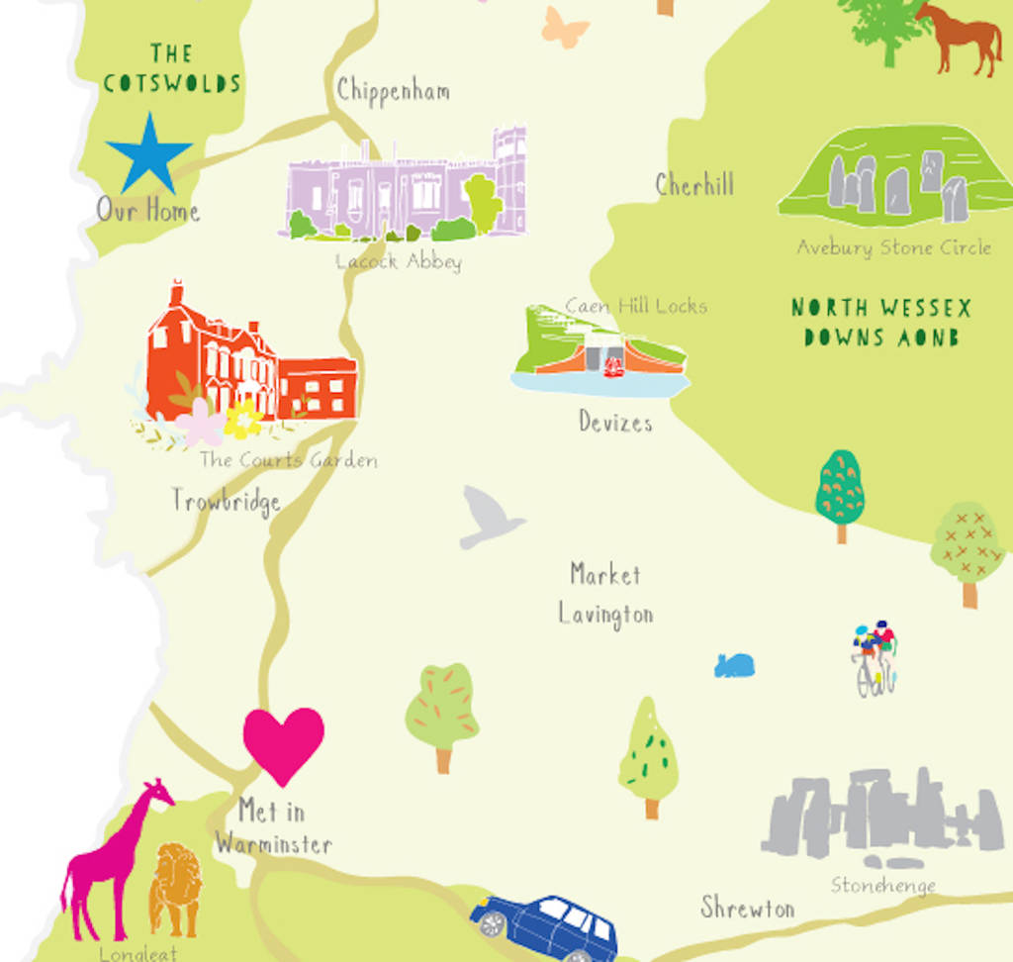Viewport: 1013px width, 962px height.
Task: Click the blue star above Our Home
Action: pyautogui.click(x=148, y=155)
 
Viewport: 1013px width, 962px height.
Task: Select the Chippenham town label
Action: pyautogui.click(x=393, y=90)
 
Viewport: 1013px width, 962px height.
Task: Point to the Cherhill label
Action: pyautogui.click(x=694, y=184)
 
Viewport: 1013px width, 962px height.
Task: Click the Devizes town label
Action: pyautogui.click(x=615, y=423)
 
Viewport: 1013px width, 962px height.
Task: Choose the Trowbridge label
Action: pyautogui.click(x=226, y=501)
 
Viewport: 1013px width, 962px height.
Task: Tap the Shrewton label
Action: pyautogui.click(x=747, y=908)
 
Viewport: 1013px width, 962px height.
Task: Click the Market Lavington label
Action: pyautogui.click(x=605, y=594)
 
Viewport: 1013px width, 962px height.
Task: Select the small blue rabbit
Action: pyautogui.click(x=734, y=665)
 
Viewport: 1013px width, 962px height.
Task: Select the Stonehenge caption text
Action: pyautogui.click(x=882, y=885)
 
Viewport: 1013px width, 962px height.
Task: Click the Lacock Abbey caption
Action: pyautogui.click(x=398, y=262)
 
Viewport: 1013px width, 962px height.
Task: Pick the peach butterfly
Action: pyautogui.click(x=565, y=27)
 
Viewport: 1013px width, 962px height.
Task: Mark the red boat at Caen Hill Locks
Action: pyautogui.click(x=613, y=366)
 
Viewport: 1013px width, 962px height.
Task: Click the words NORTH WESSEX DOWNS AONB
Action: pyautogui.click(x=880, y=323)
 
